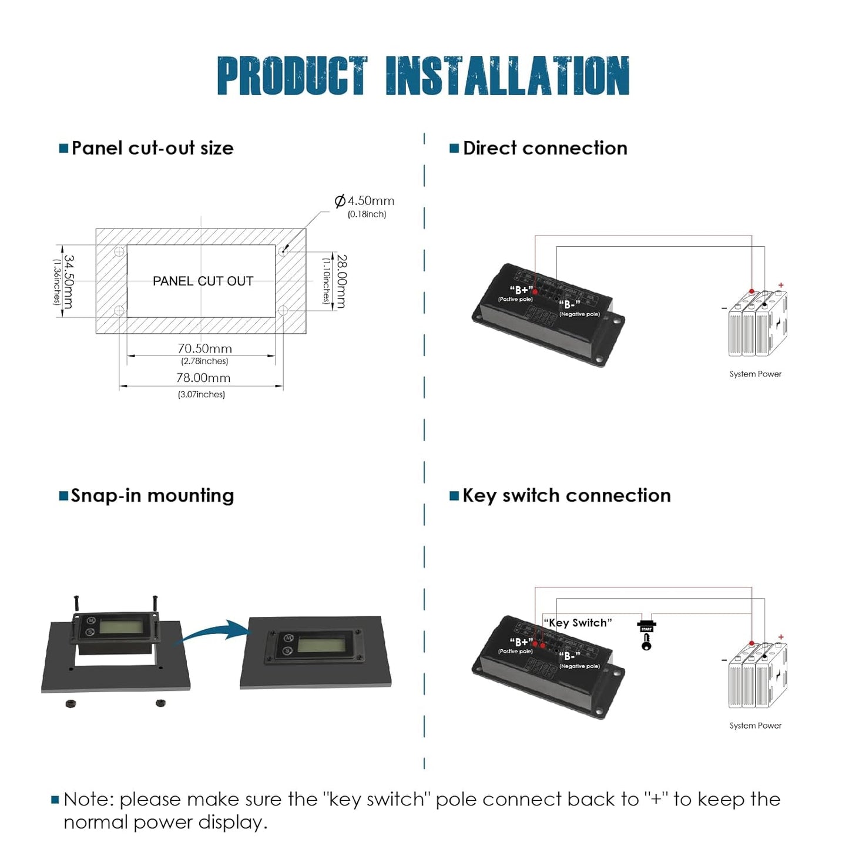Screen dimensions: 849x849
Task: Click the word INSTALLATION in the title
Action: click(x=507, y=76)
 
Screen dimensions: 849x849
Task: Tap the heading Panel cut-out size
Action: click(x=152, y=148)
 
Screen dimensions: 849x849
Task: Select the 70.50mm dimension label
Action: click(x=204, y=348)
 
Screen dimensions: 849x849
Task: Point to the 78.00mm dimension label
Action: click(x=203, y=378)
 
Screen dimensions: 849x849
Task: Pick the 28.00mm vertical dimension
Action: click(x=341, y=281)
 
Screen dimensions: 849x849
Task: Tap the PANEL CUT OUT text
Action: click(x=203, y=281)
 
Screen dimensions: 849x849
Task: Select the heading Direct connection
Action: click(x=545, y=148)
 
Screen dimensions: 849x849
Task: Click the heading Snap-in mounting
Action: click(x=152, y=495)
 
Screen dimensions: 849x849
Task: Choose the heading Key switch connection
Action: click(x=566, y=495)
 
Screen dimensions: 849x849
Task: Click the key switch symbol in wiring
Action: click(x=646, y=635)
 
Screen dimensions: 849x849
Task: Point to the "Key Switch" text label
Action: click(x=578, y=623)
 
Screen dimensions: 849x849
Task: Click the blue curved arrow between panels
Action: click(x=215, y=632)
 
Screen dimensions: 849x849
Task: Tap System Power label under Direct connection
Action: click(x=755, y=374)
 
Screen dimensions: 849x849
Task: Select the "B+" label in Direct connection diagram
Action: click(x=521, y=290)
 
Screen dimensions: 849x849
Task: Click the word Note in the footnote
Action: click(x=88, y=800)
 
